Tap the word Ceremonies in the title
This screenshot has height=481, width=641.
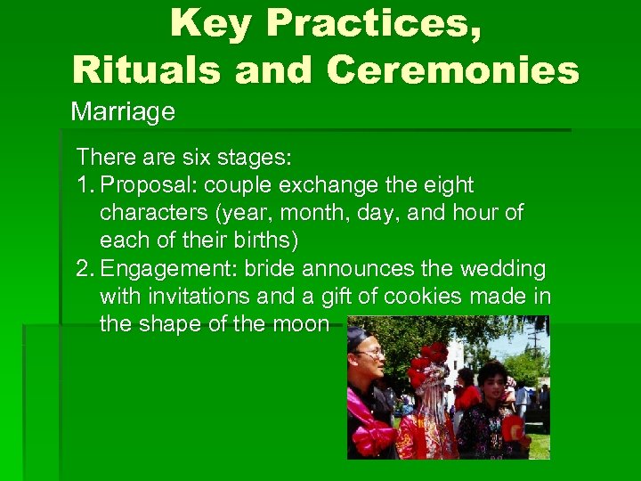tap(453, 69)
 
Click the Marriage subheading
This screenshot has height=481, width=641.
tap(123, 112)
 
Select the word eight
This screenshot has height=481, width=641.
tap(447, 185)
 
